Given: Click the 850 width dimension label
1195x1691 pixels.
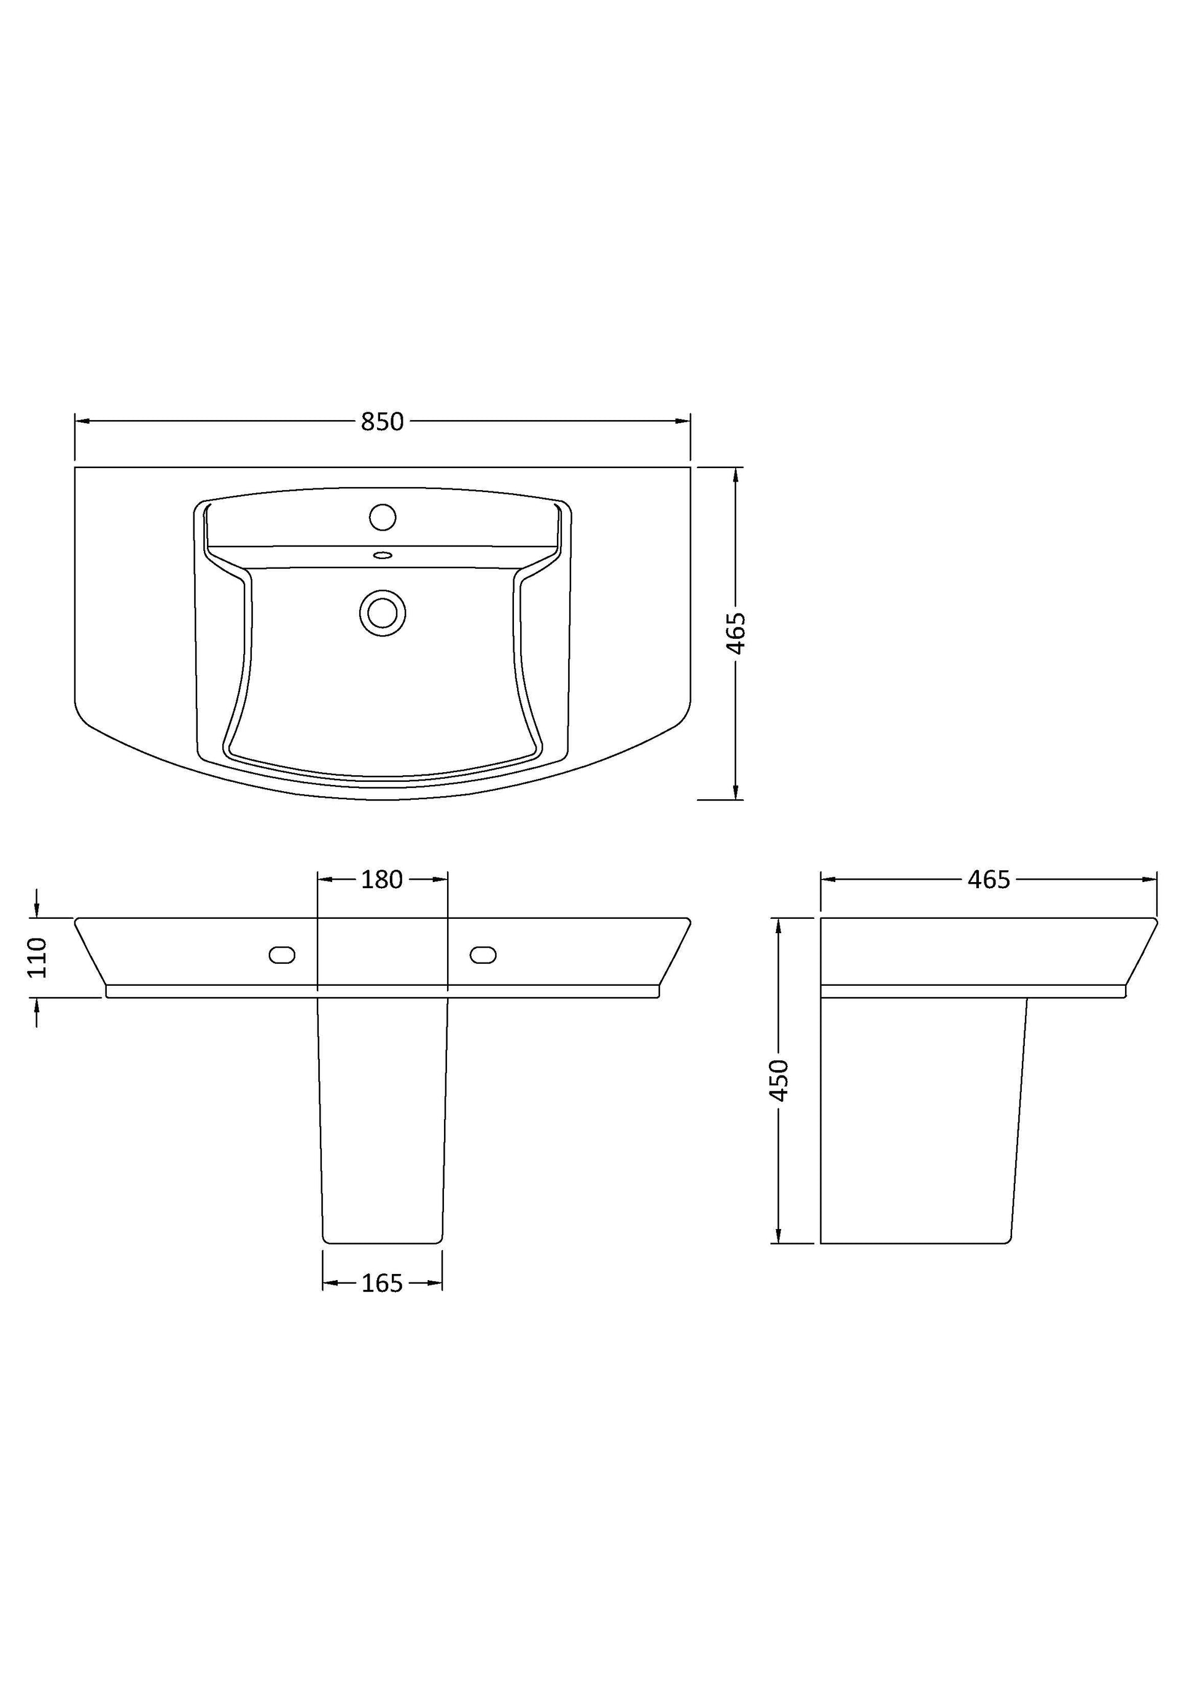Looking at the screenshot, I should [382, 421].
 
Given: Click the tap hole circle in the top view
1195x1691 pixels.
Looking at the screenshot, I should [382, 517].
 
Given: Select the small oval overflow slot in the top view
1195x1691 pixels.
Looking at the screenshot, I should [383, 555].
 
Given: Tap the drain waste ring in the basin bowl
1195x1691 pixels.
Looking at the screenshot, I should [383, 613].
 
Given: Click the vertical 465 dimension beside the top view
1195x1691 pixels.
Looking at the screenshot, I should [736, 633].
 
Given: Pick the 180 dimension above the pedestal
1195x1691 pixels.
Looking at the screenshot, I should [381, 880].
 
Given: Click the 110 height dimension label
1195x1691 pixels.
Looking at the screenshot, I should [37, 958].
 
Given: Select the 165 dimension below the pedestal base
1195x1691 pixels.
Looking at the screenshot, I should [382, 1284].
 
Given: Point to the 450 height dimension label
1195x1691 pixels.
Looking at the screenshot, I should [778, 1080].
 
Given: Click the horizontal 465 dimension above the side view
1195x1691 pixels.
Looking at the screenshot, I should [989, 880].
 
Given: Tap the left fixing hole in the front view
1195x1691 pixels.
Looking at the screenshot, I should [282, 955].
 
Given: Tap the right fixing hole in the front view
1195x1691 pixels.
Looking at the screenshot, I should [483, 955].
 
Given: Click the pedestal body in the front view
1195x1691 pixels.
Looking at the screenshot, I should [382, 1120].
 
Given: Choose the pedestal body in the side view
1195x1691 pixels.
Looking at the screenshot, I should [921, 1120].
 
